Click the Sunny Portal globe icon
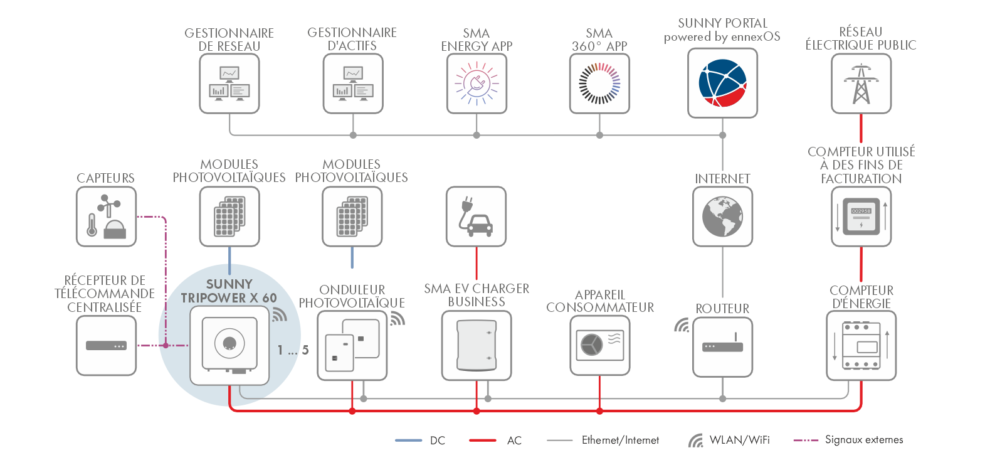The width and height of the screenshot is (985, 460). coord(722,83)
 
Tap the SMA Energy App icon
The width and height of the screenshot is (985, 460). coord(477,83)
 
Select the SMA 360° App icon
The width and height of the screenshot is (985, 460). coord(599,83)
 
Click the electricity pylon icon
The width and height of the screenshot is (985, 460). coord(861,83)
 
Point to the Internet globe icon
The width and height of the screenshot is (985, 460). coord(722,217)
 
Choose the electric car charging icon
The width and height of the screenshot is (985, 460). coord(476,217)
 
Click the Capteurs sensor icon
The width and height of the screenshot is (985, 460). coord(106,217)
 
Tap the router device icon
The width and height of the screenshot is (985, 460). coord(722,346)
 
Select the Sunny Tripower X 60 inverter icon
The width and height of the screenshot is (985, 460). coord(229,345)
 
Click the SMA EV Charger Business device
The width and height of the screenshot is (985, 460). coord(477,345)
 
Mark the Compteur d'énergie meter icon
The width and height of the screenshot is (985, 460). coord(861,346)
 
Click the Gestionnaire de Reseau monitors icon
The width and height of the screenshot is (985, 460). coord(229,83)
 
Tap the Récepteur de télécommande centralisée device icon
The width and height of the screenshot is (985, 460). coord(106,345)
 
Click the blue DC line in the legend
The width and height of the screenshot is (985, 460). coord(408,441)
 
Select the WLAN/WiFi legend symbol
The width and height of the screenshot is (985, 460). coord(695,441)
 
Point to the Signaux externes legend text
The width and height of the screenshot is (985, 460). coord(863,440)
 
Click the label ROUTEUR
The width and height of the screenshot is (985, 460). coord(722,309)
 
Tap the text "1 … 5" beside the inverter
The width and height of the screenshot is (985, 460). coord(293,350)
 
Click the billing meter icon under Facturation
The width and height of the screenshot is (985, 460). coord(861,217)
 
